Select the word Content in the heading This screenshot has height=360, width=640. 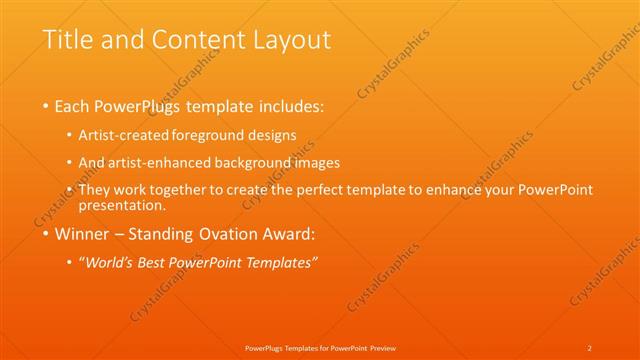pyautogui.click(x=196, y=41)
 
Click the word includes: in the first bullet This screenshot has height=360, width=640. pyautogui.click(x=289, y=105)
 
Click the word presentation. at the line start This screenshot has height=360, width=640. pyautogui.click(x=121, y=206)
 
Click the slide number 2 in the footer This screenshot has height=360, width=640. pyautogui.click(x=590, y=347)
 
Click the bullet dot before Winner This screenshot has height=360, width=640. pyautogui.click(x=46, y=236)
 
